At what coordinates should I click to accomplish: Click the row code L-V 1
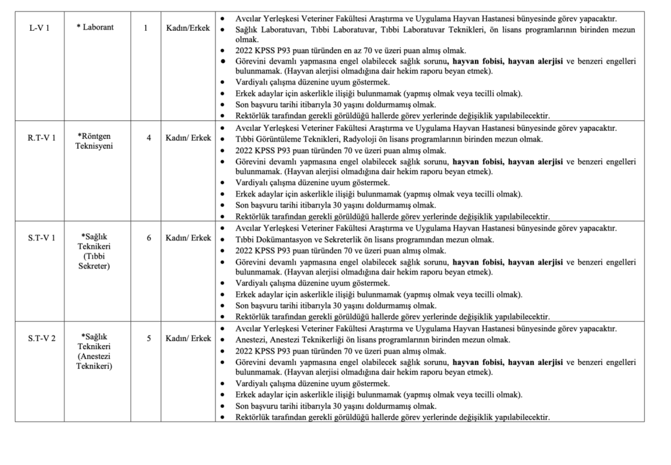tap(39, 29)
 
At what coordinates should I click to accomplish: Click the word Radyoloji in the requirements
tap(364, 139)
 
